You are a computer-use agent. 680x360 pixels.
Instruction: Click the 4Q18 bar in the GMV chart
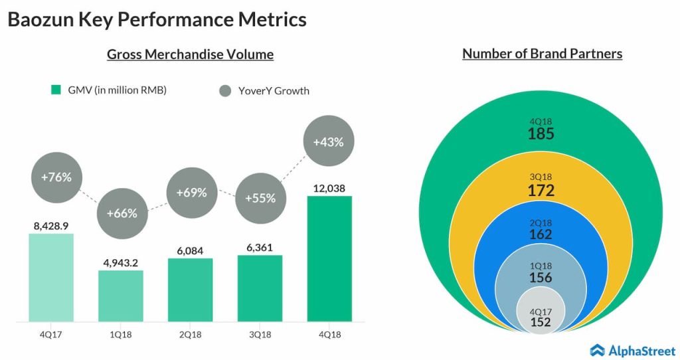click(x=329, y=258)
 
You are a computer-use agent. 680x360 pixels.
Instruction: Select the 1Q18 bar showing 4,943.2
click(x=121, y=296)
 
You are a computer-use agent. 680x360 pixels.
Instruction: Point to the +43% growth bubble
click(x=329, y=141)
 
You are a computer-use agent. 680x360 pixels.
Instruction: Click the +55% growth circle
click(x=260, y=198)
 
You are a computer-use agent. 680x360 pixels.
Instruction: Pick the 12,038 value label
click(x=330, y=188)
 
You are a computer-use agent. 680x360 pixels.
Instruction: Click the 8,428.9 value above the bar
click(x=51, y=226)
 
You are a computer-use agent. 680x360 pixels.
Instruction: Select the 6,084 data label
click(x=190, y=250)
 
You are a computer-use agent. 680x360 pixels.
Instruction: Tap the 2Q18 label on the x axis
click(x=190, y=335)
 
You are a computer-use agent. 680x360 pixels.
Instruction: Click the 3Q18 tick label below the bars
click(x=260, y=335)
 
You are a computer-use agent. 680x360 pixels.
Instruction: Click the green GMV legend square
click(x=56, y=90)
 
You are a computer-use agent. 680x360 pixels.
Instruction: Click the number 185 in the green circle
click(x=541, y=134)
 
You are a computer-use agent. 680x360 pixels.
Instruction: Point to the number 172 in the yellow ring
click(x=541, y=191)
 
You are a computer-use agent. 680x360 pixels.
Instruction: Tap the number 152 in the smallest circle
click(x=541, y=322)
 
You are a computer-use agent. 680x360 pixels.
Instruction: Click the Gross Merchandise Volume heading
click(x=190, y=54)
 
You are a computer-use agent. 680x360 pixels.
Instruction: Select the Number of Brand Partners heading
click(x=542, y=54)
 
